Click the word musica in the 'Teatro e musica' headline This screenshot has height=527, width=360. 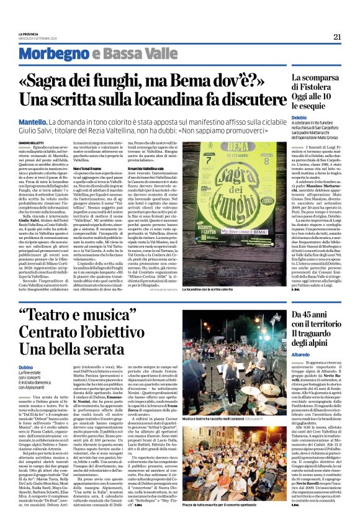[125, 315]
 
